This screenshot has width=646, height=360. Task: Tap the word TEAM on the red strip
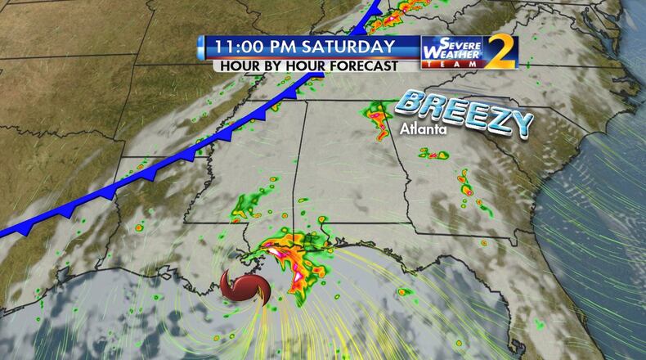pos(452,66)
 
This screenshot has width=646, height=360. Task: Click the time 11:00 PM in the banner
pos(250,46)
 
